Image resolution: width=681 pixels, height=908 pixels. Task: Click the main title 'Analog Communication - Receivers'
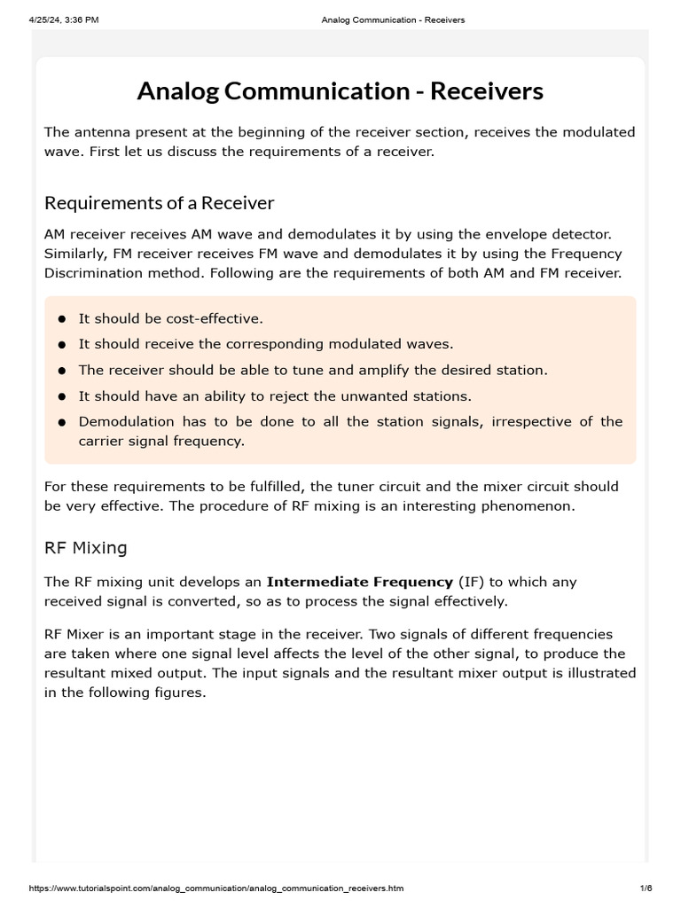(340, 91)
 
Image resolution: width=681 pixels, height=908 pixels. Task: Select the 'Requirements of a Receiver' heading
(160, 203)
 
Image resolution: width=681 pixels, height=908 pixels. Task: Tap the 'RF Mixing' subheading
(86, 548)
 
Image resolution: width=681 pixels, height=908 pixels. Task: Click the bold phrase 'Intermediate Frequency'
(359, 583)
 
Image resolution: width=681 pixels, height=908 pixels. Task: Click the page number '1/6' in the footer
(645, 888)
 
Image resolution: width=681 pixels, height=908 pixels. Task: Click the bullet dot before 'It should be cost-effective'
(62, 318)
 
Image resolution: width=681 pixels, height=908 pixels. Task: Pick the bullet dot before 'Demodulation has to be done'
(62, 422)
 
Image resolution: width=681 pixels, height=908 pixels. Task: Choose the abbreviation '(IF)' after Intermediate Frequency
(472, 583)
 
